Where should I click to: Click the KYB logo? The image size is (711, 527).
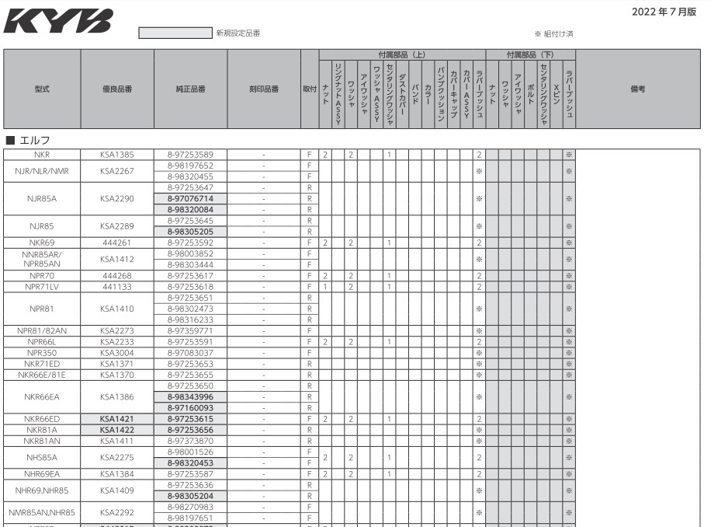tap(58, 21)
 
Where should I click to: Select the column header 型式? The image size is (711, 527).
tap(43, 89)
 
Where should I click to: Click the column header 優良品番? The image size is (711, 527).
tap(117, 89)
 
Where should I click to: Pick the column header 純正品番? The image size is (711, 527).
tap(190, 89)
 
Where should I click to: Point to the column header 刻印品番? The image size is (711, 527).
tap(264, 89)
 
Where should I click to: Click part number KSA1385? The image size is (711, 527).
tap(117, 155)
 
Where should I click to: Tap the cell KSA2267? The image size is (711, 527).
tap(117, 171)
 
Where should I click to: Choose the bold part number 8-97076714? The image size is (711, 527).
tap(190, 198)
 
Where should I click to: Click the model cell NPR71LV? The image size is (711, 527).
tap(43, 286)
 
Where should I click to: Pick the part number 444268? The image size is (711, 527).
tap(117, 275)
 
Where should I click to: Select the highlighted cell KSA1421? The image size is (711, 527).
tap(117, 418)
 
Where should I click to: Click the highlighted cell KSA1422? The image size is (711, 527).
tap(117, 429)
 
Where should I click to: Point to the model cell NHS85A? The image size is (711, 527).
tap(43, 457)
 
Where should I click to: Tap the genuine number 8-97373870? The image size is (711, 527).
tap(190, 440)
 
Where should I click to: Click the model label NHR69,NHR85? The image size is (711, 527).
tap(43, 490)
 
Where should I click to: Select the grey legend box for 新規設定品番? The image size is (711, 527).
tap(175, 33)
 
